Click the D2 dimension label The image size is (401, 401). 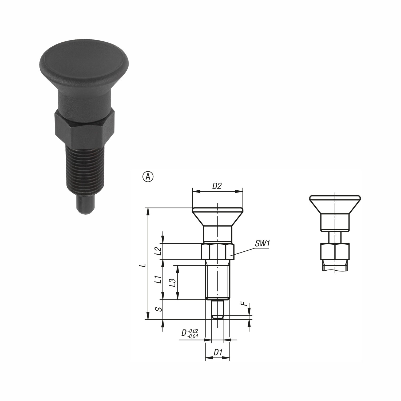click(x=217, y=186)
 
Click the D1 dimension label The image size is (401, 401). click(x=218, y=352)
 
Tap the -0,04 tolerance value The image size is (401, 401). click(x=193, y=336)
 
